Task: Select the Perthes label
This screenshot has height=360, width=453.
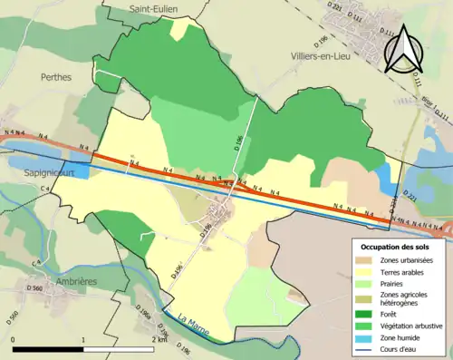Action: tap(55, 78)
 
